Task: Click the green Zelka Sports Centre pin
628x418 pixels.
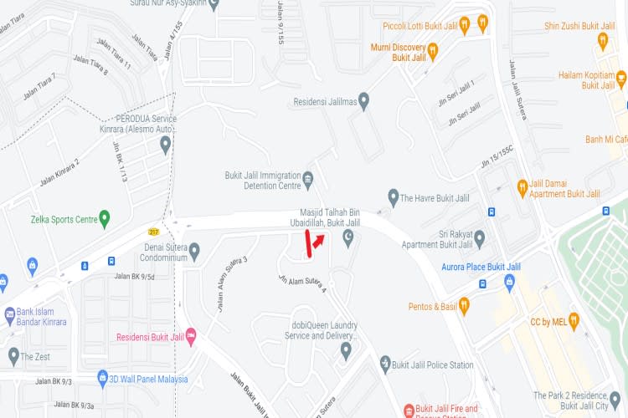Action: (105, 220)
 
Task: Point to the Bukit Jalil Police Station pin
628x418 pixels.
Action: (385, 364)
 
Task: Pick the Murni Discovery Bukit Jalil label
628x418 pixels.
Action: (399, 52)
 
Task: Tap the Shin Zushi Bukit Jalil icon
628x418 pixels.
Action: (603, 39)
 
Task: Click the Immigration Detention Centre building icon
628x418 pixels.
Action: (307, 180)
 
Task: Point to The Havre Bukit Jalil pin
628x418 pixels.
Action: (393, 197)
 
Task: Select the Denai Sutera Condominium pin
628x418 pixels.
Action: (195, 250)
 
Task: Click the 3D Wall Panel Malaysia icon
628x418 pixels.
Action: (103, 378)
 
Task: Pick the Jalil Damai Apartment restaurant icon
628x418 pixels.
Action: (521, 186)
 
